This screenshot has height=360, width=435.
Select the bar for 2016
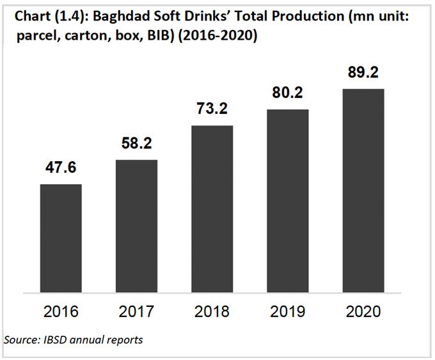click(x=61, y=237)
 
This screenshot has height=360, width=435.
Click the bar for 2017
click(x=136, y=224)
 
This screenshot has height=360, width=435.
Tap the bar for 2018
click(x=212, y=207)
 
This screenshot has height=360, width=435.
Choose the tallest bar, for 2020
click(x=363, y=189)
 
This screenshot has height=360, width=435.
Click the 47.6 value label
click(x=61, y=169)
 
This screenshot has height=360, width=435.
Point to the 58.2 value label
click(x=137, y=145)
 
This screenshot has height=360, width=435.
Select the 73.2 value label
click(x=212, y=110)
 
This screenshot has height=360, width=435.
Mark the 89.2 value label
click(x=363, y=73)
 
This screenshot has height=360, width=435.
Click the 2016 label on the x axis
click(x=61, y=312)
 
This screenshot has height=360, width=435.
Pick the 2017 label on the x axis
click(x=137, y=312)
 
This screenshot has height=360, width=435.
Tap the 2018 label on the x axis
click(x=212, y=312)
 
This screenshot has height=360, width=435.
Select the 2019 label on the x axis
click(x=287, y=312)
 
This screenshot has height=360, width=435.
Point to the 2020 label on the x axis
click(x=363, y=312)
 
